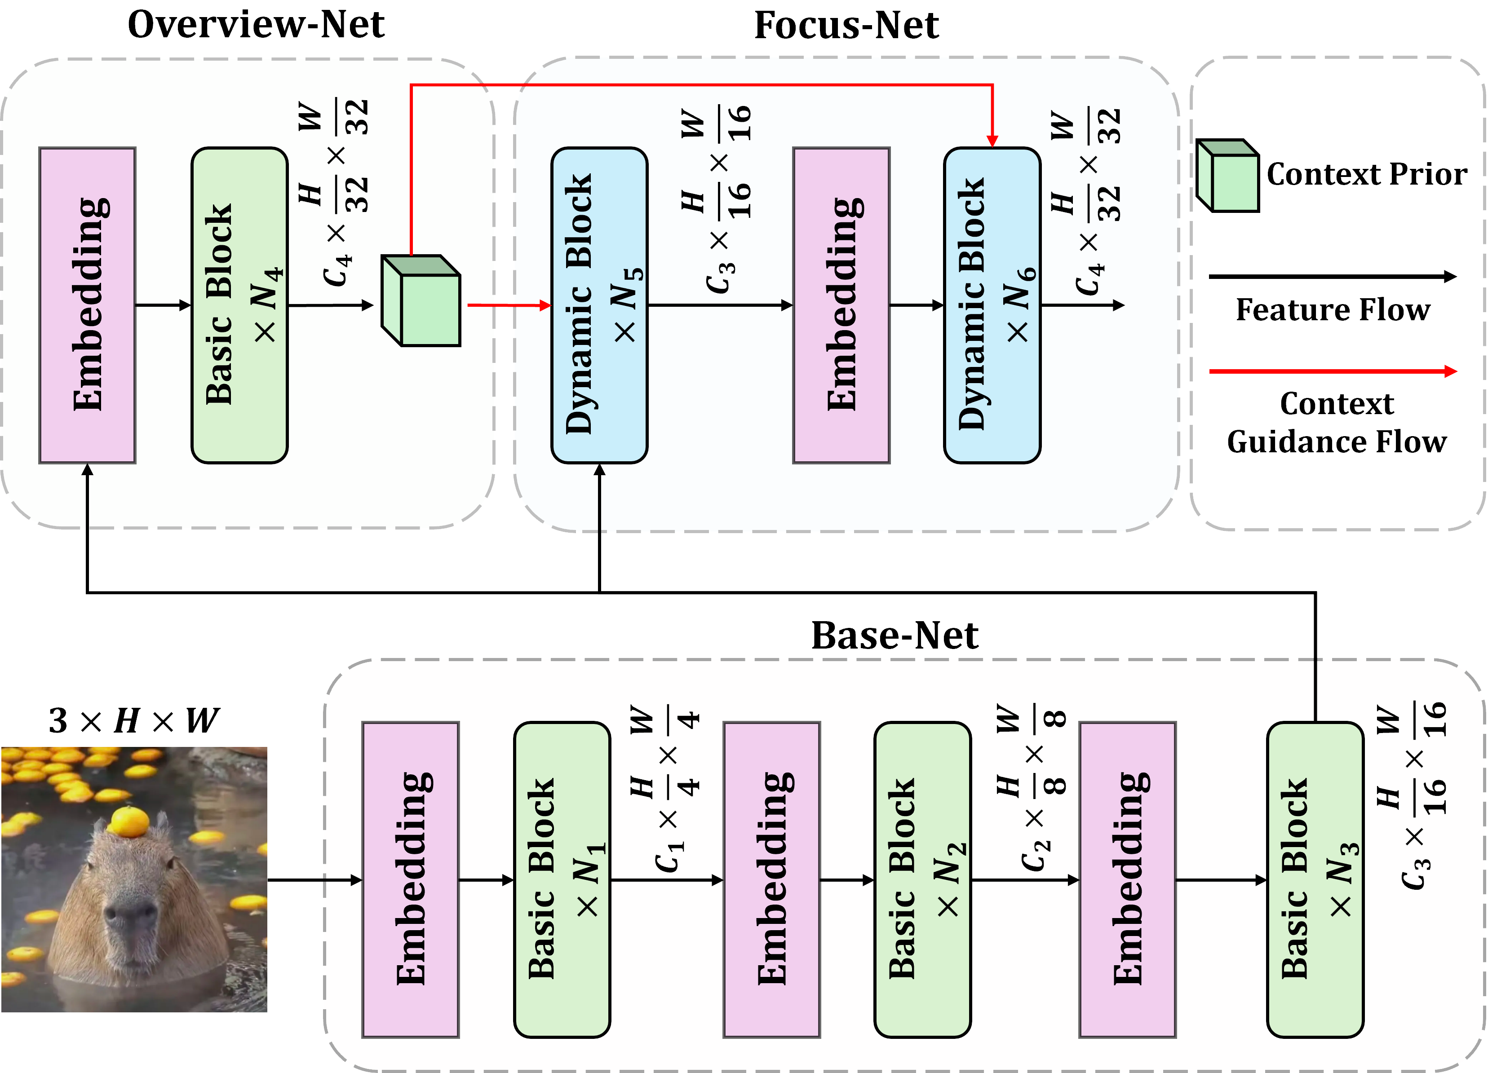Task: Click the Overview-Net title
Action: [256, 25]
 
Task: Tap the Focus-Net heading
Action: [846, 26]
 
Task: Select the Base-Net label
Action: [894, 635]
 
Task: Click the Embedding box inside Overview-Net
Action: [87, 305]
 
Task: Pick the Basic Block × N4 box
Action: [239, 305]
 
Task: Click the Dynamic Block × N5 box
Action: [599, 305]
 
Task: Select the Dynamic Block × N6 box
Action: [992, 305]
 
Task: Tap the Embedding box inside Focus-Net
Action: [841, 305]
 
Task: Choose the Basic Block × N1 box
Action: [562, 879]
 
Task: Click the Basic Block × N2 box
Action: [922, 879]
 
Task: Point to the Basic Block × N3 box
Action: [1315, 879]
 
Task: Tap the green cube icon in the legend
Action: [1227, 176]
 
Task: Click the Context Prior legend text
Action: [1367, 174]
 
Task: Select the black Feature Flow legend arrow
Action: [1332, 277]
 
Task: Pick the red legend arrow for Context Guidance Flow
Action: [1332, 371]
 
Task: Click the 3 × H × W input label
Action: [134, 720]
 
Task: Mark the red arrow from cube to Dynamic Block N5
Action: [509, 305]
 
